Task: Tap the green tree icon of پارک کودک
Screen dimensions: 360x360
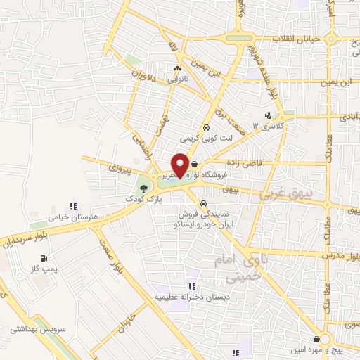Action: click(x=143, y=188)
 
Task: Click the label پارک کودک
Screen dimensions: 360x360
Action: click(x=143, y=200)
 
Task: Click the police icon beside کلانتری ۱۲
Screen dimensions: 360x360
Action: click(x=267, y=115)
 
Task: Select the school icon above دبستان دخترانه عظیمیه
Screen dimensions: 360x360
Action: click(x=191, y=287)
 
